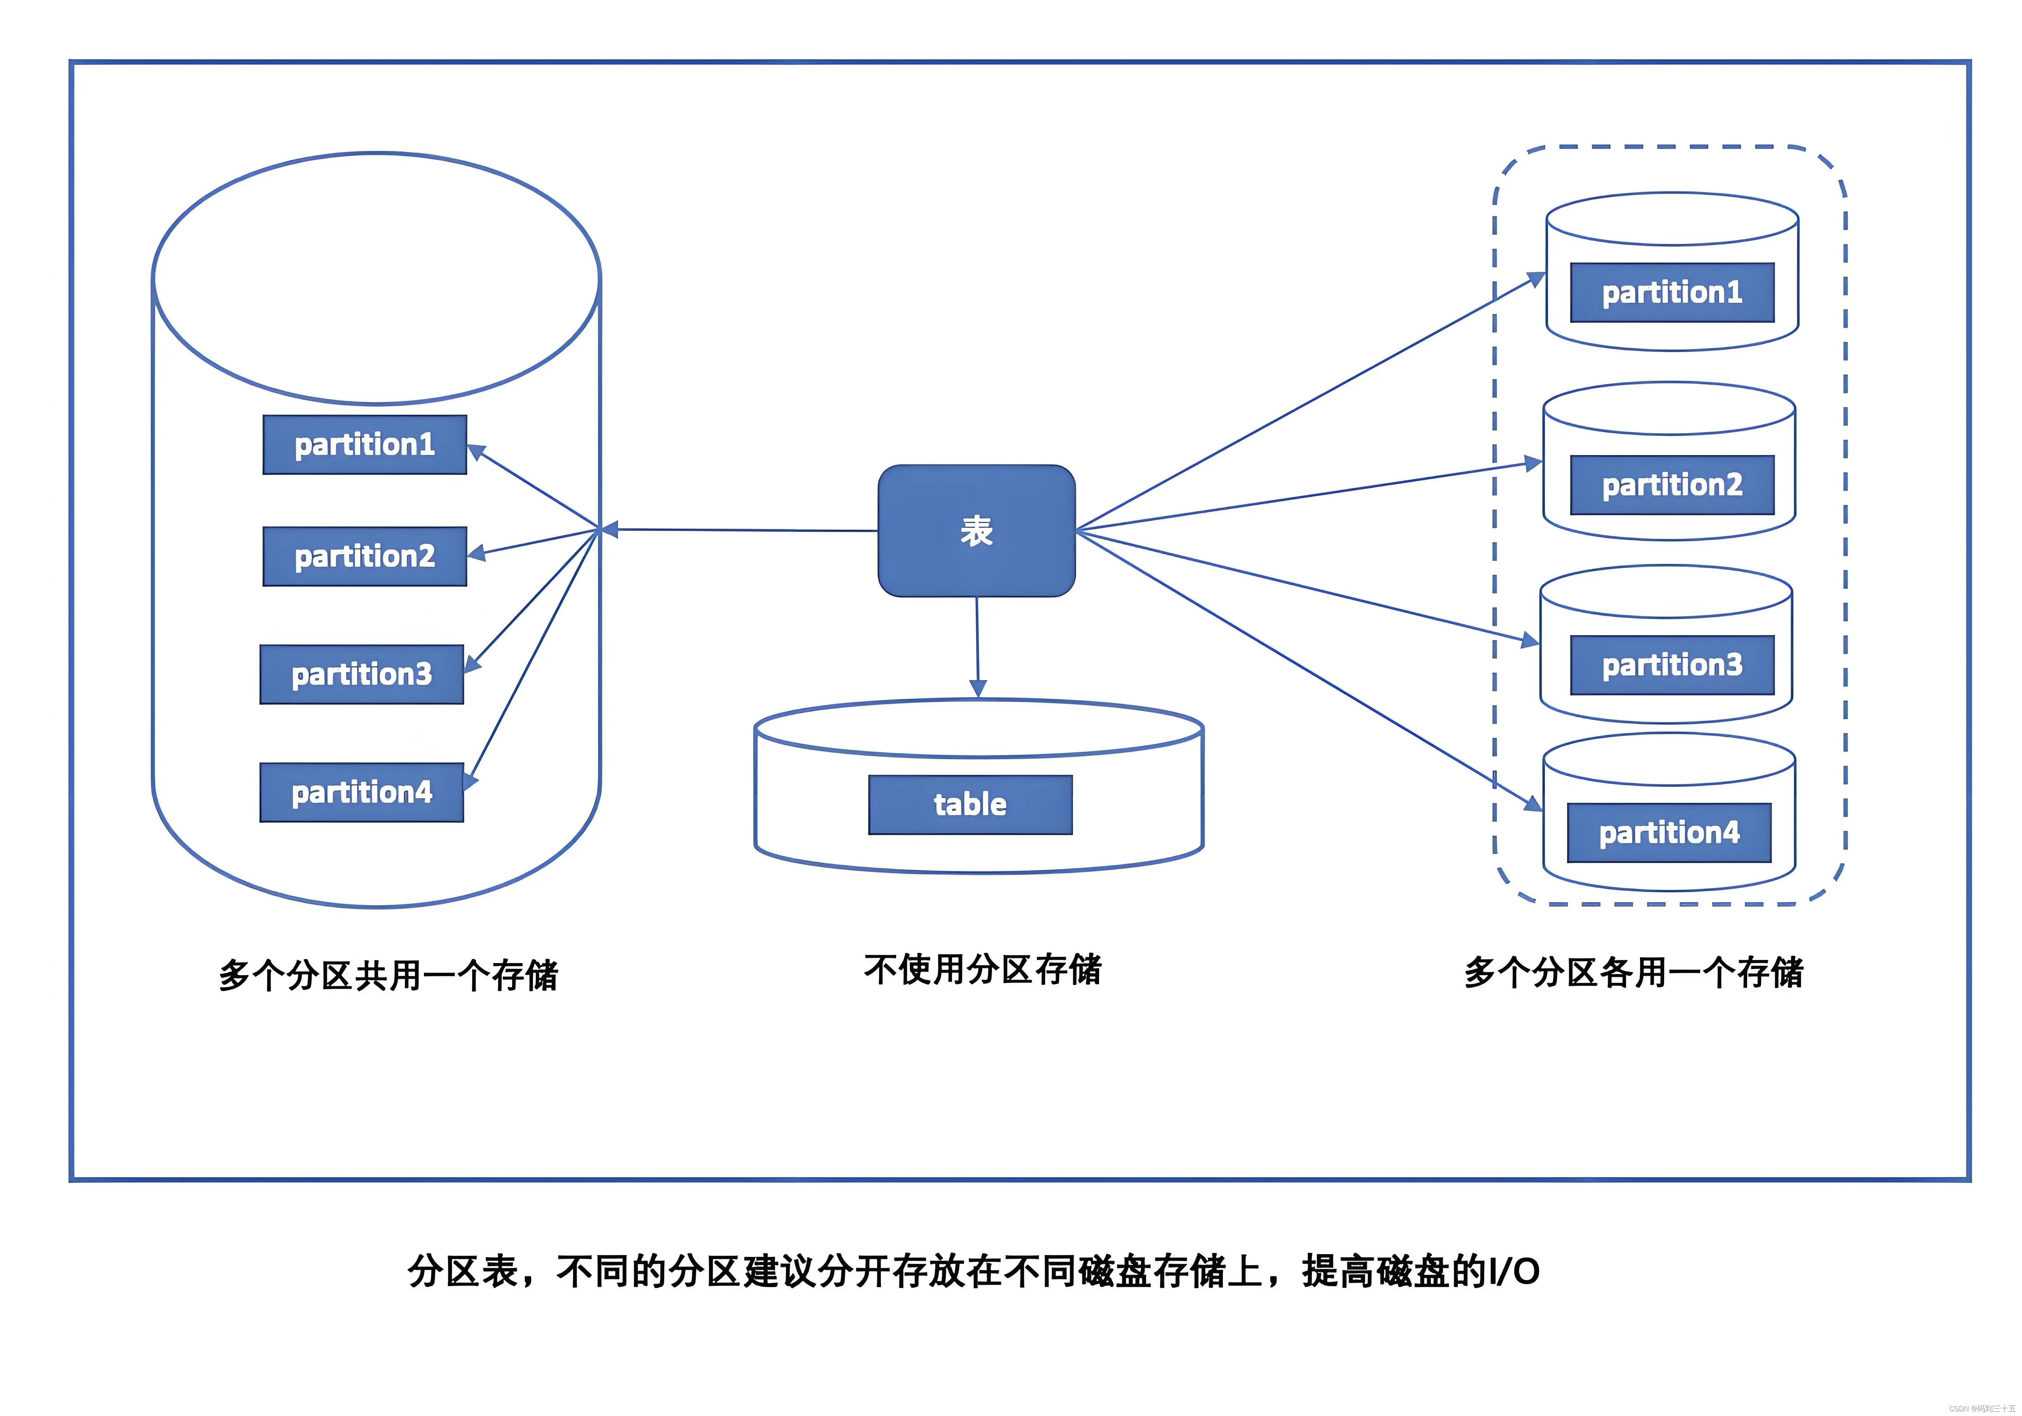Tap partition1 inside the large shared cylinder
[x=365, y=445]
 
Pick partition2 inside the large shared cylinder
[x=365, y=557]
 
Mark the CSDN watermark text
[x=1982, y=1408]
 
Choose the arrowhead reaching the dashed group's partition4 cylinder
[x=1533, y=803]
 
